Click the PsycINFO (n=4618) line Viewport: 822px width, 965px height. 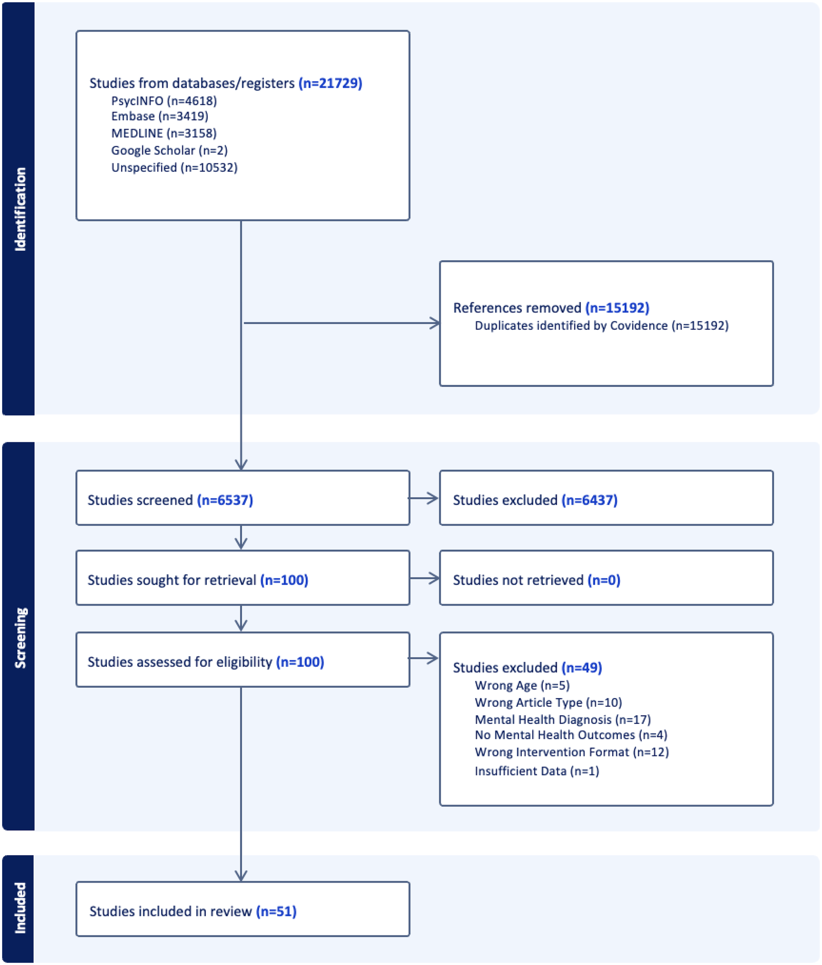[x=164, y=101]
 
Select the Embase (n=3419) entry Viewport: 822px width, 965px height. [x=160, y=116]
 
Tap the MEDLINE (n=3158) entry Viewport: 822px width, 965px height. [x=164, y=133]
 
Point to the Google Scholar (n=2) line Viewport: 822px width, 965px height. [x=169, y=150]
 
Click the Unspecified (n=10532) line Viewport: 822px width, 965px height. [x=174, y=168]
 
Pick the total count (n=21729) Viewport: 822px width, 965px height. [x=330, y=83]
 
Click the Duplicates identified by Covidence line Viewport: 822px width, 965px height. [x=601, y=325]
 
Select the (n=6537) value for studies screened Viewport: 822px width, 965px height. [x=225, y=500]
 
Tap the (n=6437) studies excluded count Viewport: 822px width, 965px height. [x=589, y=500]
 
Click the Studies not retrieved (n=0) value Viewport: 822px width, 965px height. [x=604, y=580]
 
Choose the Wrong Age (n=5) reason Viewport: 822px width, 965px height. [x=522, y=685]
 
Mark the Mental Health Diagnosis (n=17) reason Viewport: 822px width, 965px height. [x=562, y=720]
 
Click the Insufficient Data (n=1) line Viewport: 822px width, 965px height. [x=537, y=771]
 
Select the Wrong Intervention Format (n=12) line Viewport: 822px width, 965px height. [x=571, y=752]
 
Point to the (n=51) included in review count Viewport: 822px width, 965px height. [x=276, y=911]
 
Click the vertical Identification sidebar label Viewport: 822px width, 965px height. [x=20, y=209]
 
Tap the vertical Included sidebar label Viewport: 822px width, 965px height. [x=20, y=908]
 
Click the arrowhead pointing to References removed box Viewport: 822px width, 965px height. [x=434, y=323]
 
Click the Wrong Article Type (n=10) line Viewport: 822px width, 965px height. [x=548, y=702]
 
